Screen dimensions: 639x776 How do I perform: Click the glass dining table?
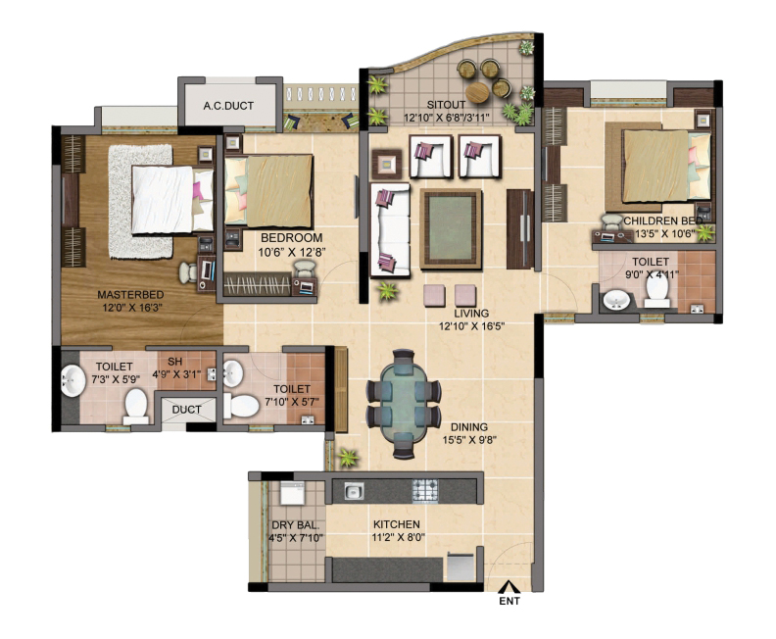coord(403,399)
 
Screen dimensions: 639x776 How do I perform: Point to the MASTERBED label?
coord(130,295)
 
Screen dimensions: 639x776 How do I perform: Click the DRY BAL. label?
coord(291,525)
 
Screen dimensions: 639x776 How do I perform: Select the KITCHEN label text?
coord(396,525)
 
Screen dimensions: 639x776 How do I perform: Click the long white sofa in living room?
coord(389,231)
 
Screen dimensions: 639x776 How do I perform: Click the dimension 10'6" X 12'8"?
coord(291,253)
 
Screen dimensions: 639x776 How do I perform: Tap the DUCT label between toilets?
coord(186,411)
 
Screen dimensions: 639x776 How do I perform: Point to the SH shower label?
coord(175,360)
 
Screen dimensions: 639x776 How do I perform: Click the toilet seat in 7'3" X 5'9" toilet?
coord(136,403)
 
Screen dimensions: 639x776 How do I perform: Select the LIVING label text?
coord(458,314)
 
